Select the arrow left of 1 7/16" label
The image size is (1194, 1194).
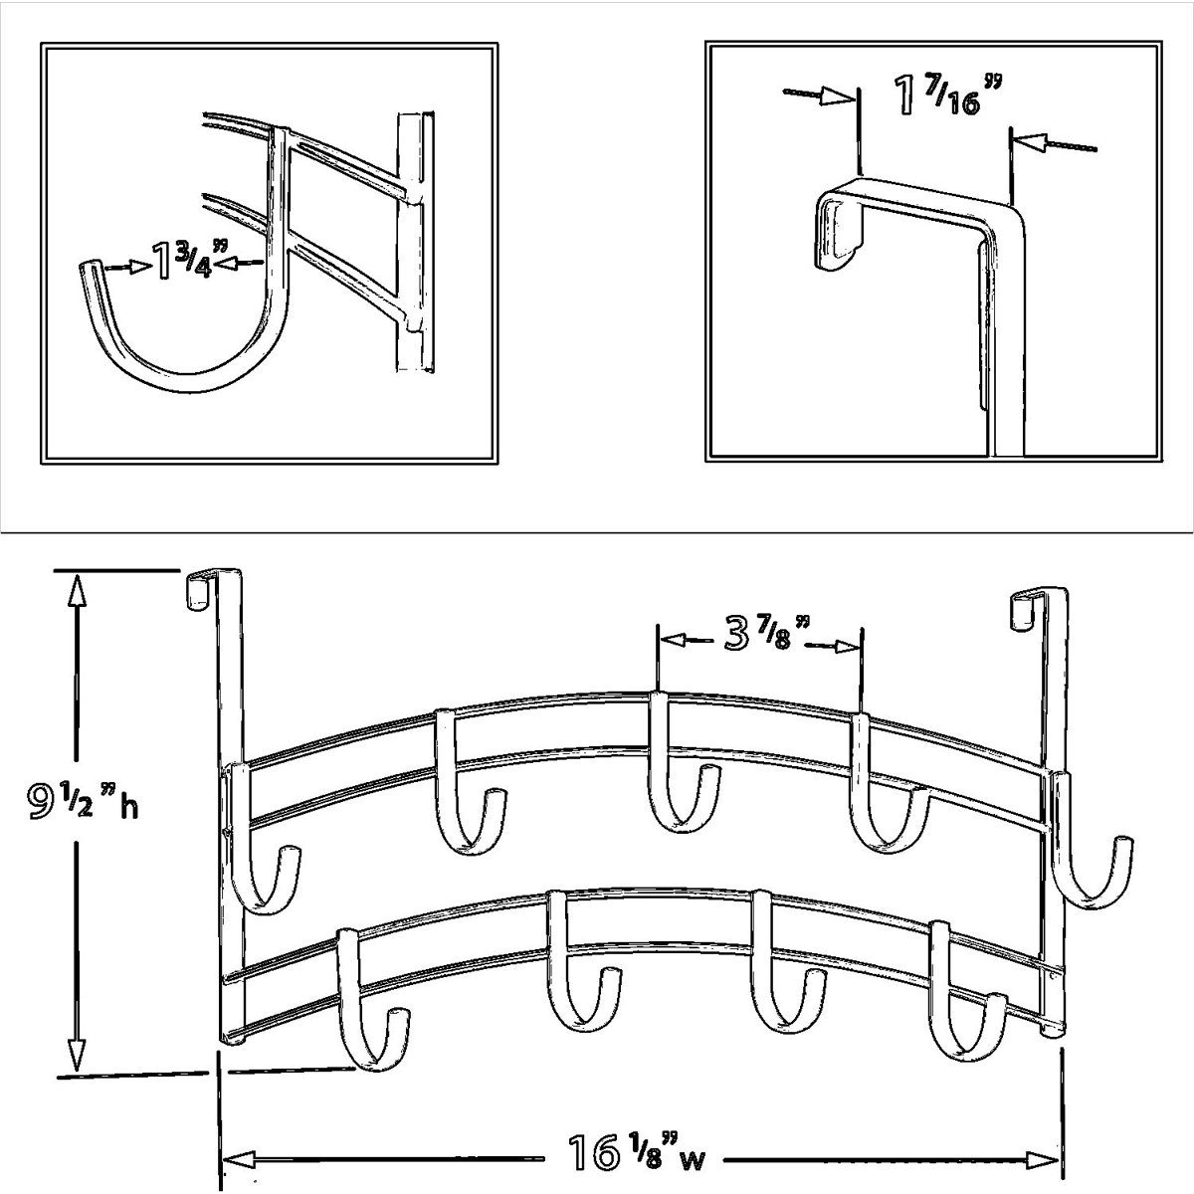pos(818,96)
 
